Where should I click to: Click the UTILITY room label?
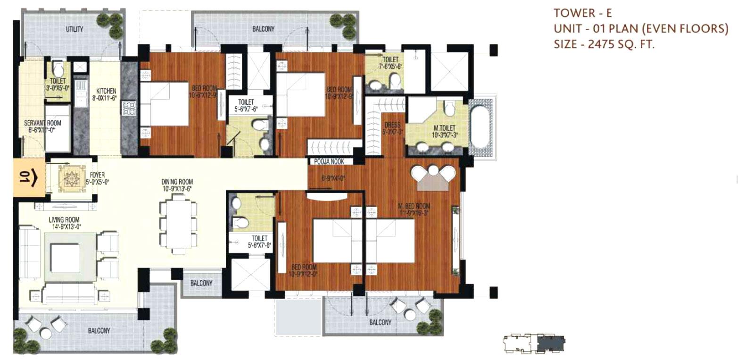[75, 29]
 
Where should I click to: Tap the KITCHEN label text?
[106, 91]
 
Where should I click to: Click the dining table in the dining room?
[178, 225]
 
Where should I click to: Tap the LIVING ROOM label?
[64, 220]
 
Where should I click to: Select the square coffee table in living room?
[65, 258]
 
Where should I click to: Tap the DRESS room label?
[392, 126]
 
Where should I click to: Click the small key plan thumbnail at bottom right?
[534, 343]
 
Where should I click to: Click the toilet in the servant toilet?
[58, 70]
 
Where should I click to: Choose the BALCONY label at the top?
[263, 29]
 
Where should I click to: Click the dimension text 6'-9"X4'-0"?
[333, 178]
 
